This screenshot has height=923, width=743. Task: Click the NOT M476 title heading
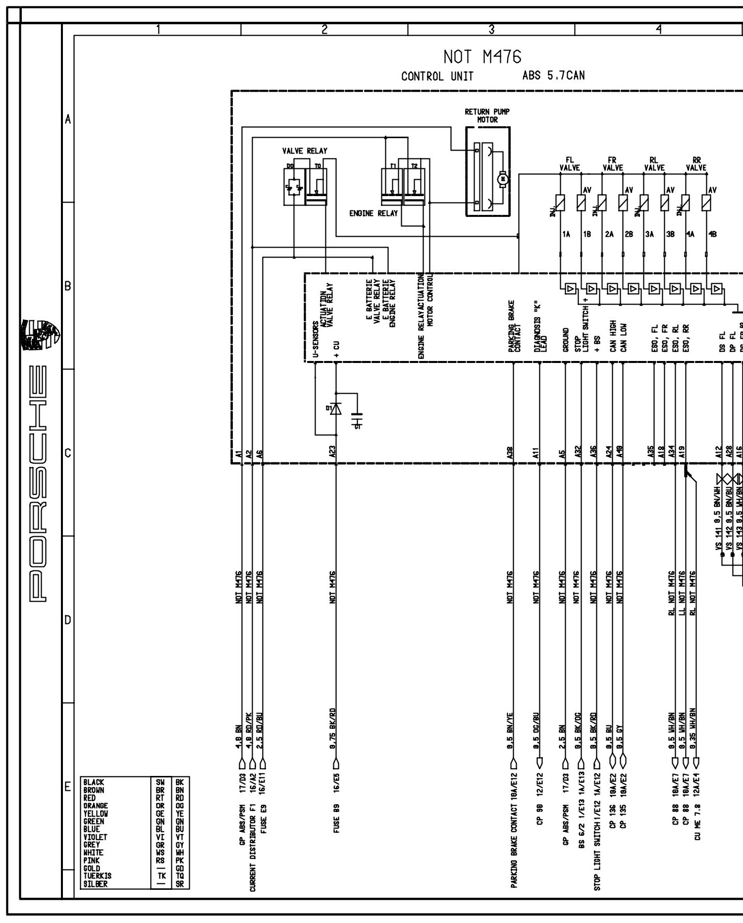click(482, 57)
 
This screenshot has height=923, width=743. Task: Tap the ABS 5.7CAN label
click(553, 76)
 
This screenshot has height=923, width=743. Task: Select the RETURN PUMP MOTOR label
click(487, 116)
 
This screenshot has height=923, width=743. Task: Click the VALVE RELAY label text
click(305, 151)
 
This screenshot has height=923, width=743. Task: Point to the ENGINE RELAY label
click(373, 213)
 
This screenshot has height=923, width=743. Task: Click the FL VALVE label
click(570, 164)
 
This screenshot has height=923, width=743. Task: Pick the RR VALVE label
click(696, 164)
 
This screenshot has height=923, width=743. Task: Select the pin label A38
click(510, 454)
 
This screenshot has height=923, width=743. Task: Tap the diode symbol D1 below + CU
click(336, 409)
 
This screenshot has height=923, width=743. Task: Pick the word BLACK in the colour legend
click(94, 783)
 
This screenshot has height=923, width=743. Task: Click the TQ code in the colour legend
click(179, 876)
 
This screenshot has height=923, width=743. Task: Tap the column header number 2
click(324, 30)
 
